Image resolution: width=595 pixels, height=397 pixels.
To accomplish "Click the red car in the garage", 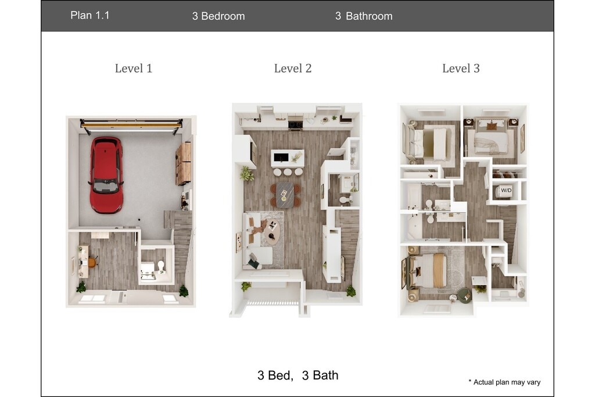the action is tap(107, 175).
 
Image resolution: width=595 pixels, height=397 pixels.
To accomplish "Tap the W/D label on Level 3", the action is tap(506, 190).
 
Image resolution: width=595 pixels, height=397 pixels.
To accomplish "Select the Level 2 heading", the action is tap(293, 69).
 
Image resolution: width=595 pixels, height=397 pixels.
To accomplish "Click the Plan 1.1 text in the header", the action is tap(90, 15).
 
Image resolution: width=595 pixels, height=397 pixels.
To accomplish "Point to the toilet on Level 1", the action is tap(161, 266).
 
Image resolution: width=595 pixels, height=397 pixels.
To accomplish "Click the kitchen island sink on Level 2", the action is tap(281, 157).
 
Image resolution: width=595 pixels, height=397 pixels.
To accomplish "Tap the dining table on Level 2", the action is tap(285, 195).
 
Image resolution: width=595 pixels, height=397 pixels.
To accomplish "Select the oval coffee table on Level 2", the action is tap(272, 231).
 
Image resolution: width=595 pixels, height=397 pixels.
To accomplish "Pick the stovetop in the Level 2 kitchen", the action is tap(295, 124).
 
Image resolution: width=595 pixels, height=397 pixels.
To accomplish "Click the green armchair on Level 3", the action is tap(464, 295).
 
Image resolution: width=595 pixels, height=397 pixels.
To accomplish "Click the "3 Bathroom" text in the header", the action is tap(364, 16).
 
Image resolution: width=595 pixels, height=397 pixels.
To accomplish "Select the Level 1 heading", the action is tap(134, 69).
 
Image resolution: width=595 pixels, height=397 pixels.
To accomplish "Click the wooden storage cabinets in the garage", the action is tap(184, 163).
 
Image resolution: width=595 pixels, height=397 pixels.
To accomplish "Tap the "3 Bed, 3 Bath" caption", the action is tap(298, 375).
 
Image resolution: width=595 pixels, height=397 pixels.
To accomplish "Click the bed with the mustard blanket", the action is tap(428, 270).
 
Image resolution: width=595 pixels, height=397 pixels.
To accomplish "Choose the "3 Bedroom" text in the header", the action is tap(218, 16).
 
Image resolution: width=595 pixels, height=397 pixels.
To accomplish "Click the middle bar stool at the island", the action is tap(288, 172).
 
